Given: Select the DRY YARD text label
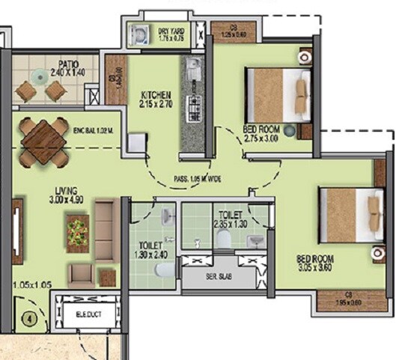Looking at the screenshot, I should pyautogui.click(x=167, y=31).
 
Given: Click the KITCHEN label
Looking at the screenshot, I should pyautogui.click(x=156, y=95).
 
